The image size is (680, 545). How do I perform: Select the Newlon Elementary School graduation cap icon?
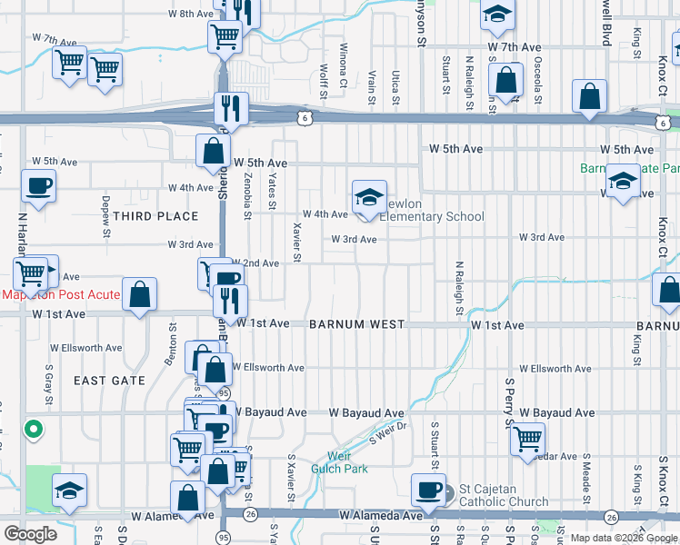[x=369, y=197]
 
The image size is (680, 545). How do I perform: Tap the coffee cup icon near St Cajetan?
[x=427, y=490]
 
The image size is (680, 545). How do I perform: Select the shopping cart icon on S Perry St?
[x=527, y=439]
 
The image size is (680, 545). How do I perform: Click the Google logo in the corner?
[x=30, y=534]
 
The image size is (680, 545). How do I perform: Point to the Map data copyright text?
[x=624, y=538]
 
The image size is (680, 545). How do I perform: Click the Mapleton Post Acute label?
[x=47, y=294]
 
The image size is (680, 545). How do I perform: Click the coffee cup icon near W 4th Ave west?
[x=38, y=186]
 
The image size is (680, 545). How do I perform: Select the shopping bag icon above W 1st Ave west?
[x=140, y=293]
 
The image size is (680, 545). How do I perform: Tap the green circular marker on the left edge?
[x=33, y=429]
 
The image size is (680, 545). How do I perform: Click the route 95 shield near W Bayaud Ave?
[x=224, y=392]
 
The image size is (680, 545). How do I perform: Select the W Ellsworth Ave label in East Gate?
[x=85, y=348]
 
